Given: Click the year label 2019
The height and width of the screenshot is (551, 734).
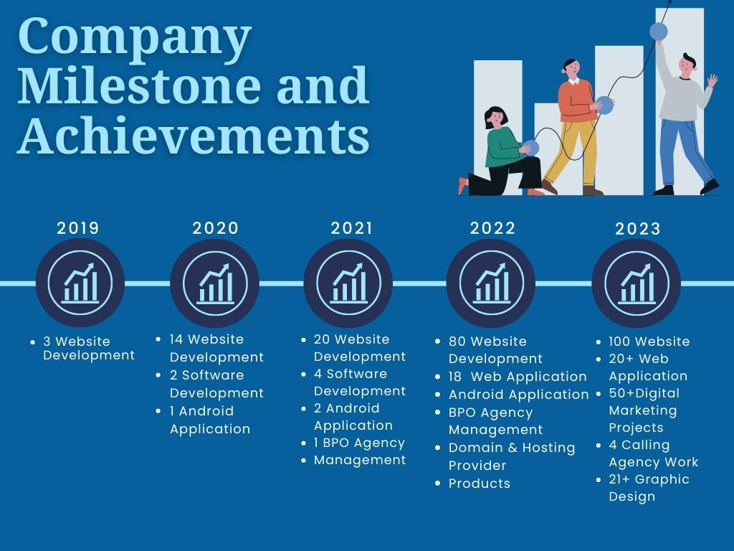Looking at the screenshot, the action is point(77,228).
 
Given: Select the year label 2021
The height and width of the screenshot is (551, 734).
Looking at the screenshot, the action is point(351,228).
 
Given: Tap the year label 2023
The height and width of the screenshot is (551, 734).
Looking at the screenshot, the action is point(637,229).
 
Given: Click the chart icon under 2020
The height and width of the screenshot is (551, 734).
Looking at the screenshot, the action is point(215,283).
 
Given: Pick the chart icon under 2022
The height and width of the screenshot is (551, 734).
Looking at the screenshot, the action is point(491,283).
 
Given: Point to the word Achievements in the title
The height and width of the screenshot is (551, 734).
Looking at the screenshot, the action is point(194,136).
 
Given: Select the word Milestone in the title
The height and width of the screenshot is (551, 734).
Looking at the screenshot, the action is point(140,85).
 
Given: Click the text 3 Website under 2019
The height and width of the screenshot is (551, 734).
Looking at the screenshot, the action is point(77,341).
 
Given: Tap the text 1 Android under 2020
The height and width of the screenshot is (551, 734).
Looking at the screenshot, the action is point(201,411).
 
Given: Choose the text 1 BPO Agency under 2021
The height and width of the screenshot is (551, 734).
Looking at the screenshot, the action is point(359,443).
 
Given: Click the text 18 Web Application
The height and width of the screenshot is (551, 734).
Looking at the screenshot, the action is point(518,377).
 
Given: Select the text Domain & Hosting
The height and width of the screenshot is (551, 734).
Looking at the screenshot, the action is point(512,448).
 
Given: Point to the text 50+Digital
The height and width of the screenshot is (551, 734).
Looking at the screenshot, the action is point(644,393).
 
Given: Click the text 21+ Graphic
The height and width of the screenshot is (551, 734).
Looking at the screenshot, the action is point(649,479).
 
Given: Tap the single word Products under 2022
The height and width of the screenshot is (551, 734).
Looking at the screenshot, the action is point(480,484).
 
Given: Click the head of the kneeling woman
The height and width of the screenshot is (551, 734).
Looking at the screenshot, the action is point(496,118).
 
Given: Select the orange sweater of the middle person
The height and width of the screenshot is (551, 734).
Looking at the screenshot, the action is point(578,100).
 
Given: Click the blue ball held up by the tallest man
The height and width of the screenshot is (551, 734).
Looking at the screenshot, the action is point(659,32).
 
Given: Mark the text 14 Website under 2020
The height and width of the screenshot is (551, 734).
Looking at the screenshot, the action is point(206,339).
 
